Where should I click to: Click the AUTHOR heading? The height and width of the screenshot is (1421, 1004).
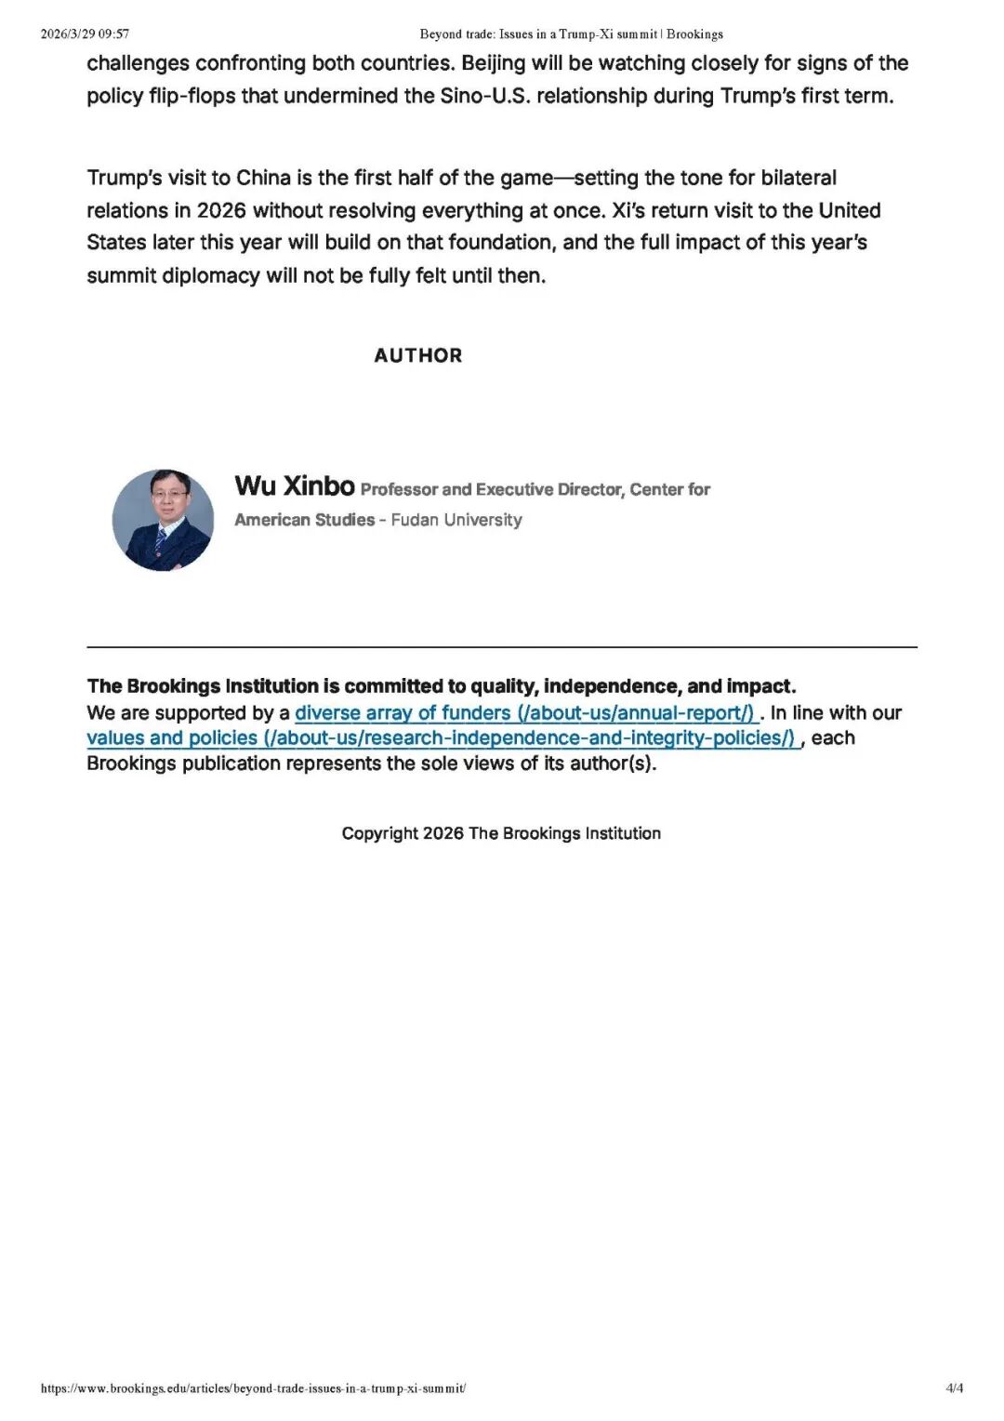point(417,355)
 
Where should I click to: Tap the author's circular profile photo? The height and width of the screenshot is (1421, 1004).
point(163,520)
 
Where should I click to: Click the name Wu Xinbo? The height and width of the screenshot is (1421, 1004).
point(295,485)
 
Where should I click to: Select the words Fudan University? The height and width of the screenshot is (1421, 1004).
point(456,520)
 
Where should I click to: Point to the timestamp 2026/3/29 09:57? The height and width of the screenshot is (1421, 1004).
point(85,34)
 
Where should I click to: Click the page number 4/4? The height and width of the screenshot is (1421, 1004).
point(955,1388)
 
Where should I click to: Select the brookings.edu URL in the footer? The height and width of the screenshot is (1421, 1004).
point(253,1388)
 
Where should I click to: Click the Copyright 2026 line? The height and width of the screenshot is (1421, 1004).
point(501,833)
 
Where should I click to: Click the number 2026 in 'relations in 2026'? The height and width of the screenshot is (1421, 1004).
point(221,210)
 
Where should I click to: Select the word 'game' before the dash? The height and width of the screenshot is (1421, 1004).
point(527,178)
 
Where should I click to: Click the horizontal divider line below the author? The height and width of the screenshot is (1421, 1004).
point(501,646)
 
